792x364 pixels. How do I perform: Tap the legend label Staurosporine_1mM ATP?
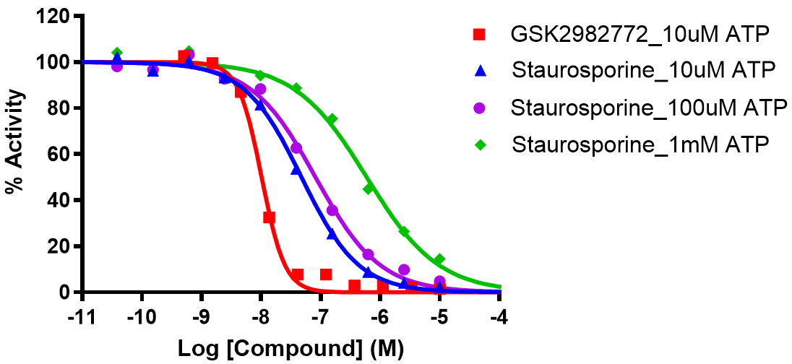[x=640, y=144]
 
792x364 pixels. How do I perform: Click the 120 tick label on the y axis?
[x=56, y=17]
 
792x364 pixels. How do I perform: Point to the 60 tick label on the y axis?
[x=61, y=155]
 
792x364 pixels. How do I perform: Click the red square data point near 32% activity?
[x=269, y=217]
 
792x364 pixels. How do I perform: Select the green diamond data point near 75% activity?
[x=332, y=119]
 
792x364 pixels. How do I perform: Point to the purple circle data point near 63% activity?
[x=296, y=148]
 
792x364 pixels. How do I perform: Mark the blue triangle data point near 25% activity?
[x=332, y=234]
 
